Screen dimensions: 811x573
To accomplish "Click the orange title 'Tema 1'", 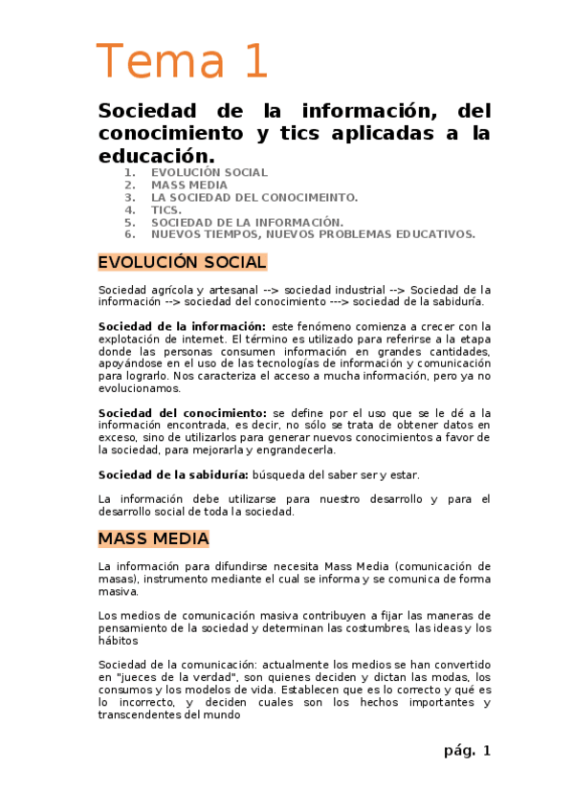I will click(182, 60).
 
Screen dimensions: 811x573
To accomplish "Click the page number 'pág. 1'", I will click(467, 751).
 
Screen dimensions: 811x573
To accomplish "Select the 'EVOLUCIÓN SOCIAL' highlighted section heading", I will click(182, 262).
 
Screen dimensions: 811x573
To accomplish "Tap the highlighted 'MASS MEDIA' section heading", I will click(153, 538).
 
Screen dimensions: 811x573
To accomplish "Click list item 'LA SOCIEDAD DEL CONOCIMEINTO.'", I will click(253, 197).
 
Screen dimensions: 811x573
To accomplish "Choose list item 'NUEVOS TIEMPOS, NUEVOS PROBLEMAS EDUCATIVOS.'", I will click(313, 233).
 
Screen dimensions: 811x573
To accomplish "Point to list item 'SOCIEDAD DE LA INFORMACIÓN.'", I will click(247, 222).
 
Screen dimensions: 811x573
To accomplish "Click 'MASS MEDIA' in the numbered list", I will click(188, 185).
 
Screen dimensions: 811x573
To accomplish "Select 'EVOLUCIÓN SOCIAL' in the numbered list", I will click(209, 172).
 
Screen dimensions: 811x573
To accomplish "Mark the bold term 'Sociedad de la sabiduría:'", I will click(173, 474).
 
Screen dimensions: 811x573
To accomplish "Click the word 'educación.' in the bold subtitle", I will click(156, 155).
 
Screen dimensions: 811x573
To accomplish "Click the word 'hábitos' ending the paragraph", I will click(118, 641).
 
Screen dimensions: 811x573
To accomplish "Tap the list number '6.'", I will click(129, 233).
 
